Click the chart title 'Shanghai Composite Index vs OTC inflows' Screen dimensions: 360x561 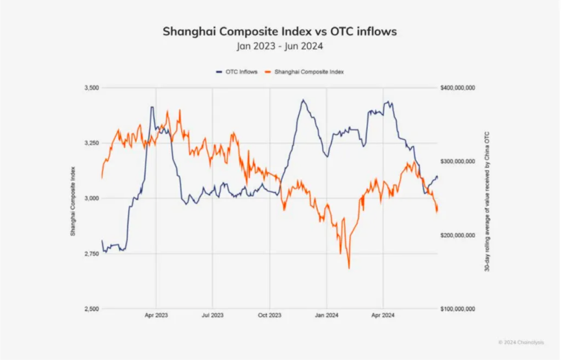(x=280, y=32)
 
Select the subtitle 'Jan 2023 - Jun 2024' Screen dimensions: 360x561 (x=280, y=46)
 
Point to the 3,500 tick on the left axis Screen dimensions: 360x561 (x=91, y=88)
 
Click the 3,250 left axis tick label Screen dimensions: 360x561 (x=91, y=143)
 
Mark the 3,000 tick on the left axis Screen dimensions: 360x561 (x=91, y=198)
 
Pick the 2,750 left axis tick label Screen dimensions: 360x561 (x=91, y=254)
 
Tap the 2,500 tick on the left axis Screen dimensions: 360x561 (x=91, y=309)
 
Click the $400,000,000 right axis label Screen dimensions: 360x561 (x=458, y=88)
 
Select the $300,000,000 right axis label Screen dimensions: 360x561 (x=458, y=161)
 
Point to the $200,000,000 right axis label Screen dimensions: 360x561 (x=458, y=235)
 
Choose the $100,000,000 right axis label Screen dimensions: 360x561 (x=458, y=309)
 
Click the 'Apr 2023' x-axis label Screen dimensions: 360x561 (x=156, y=315)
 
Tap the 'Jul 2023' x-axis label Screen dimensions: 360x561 (x=212, y=315)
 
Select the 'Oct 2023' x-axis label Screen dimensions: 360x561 (x=269, y=315)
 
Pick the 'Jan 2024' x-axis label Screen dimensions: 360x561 (x=326, y=315)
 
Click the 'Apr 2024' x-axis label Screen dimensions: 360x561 (x=383, y=315)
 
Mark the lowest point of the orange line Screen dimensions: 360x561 (x=349, y=268)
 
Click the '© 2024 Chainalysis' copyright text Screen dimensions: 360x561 (x=521, y=343)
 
